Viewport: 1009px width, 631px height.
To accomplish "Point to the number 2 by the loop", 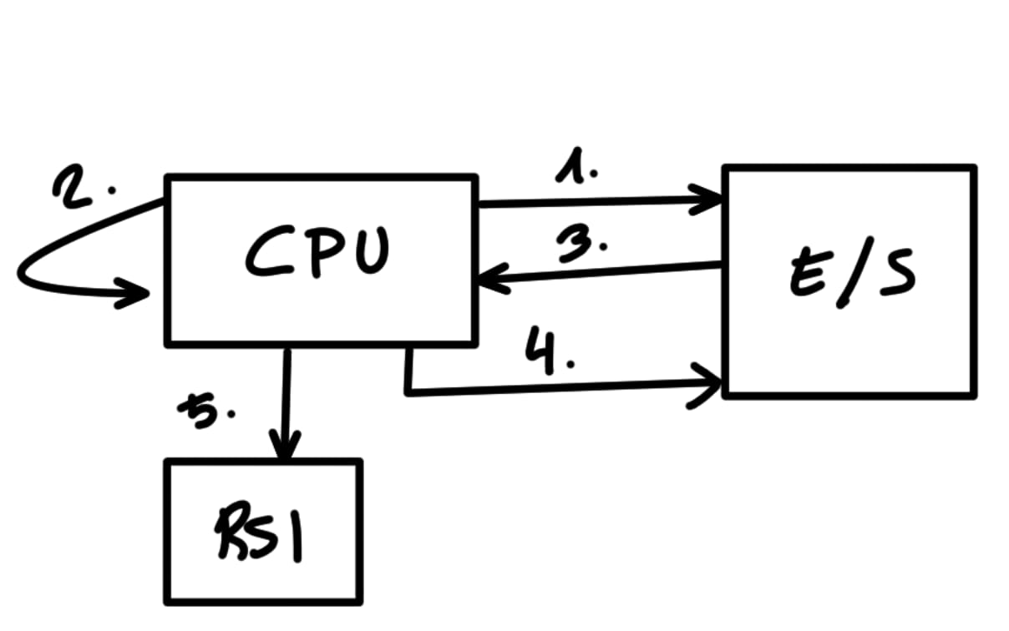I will coord(74,188).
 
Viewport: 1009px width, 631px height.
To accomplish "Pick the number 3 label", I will coord(580,245).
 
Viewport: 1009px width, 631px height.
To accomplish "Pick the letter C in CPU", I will coord(266,252).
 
